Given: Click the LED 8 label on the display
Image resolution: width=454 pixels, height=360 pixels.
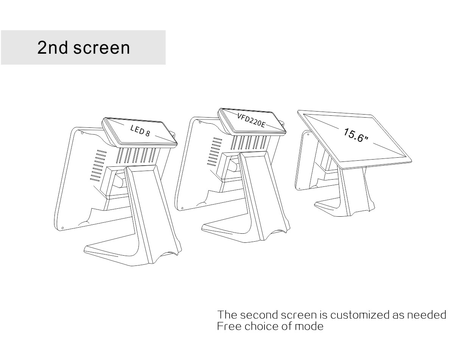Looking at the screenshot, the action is pos(140,130).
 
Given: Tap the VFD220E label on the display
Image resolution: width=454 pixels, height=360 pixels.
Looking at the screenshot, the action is pos(251,120).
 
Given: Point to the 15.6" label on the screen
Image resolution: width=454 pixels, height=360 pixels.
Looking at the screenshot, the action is pos(356,135).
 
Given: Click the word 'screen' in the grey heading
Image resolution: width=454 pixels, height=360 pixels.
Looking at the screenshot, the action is pos(101,48).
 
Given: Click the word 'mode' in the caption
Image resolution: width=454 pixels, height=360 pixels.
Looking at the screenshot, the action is pos(309,326).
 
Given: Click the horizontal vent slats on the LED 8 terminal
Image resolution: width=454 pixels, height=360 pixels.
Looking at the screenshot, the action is pos(98,166).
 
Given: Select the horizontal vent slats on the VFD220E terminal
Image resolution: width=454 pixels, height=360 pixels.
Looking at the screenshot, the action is pos(215,152).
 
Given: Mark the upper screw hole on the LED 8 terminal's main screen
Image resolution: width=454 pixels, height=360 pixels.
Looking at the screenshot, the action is pos(82,133).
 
